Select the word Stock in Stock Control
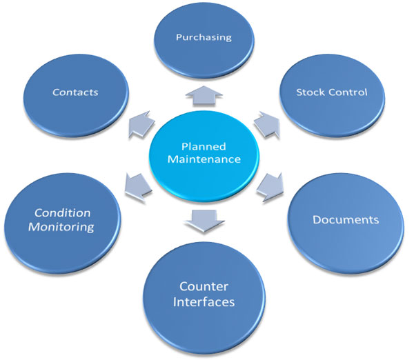[310, 92]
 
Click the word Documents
[346, 221]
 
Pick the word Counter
[204, 286]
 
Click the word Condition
[63, 212]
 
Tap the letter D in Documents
[316, 221]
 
